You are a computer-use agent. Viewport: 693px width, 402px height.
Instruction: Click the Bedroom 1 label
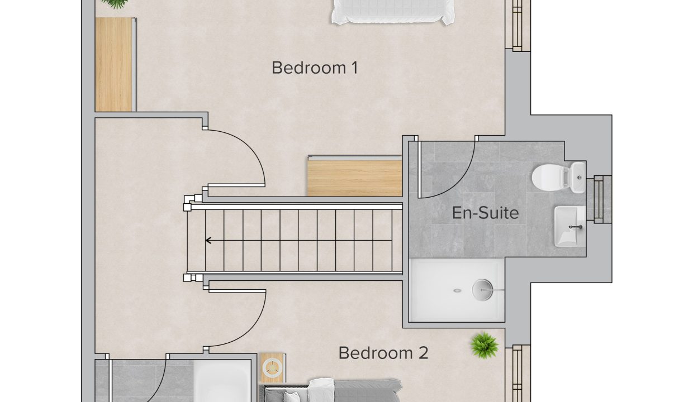(x=315, y=68)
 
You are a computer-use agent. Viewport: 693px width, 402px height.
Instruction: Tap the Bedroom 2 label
(x=383, y=353)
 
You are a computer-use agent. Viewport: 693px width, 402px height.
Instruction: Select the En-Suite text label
(x=485, y=213)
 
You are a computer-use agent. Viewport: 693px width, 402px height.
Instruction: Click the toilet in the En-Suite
(x=559, y=178)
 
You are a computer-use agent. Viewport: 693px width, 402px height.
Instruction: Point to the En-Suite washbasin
(x=570, y=227)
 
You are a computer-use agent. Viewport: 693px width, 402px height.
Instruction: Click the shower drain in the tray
(x=457, y=290)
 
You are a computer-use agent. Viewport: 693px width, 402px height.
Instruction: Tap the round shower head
(x=482, y=290)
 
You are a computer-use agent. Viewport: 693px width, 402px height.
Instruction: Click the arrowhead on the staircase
(x=208, y=241)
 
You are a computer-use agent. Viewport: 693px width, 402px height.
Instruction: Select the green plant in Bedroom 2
(x=484, y=346)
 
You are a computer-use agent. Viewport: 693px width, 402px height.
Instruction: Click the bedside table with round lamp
(x=272, y=368)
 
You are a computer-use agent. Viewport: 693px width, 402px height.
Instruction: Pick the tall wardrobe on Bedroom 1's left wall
(x=116, y=64)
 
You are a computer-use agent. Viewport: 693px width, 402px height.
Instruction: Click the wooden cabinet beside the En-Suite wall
(x=354, y=176)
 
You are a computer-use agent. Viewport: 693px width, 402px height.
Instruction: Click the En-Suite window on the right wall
(x=599, y=199)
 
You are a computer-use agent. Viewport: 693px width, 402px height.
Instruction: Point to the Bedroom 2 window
(x=518, y=374)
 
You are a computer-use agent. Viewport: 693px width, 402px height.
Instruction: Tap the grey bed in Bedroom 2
(x=331, y=390)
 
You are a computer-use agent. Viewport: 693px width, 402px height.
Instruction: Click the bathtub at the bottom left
(x=222, y=381)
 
